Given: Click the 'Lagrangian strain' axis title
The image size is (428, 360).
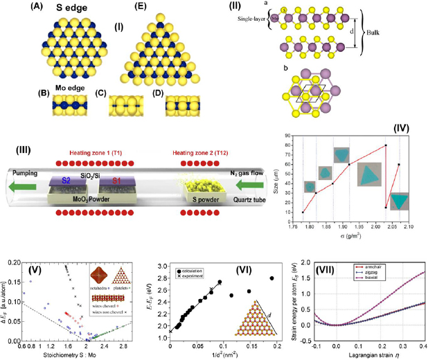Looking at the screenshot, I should [357, 354].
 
